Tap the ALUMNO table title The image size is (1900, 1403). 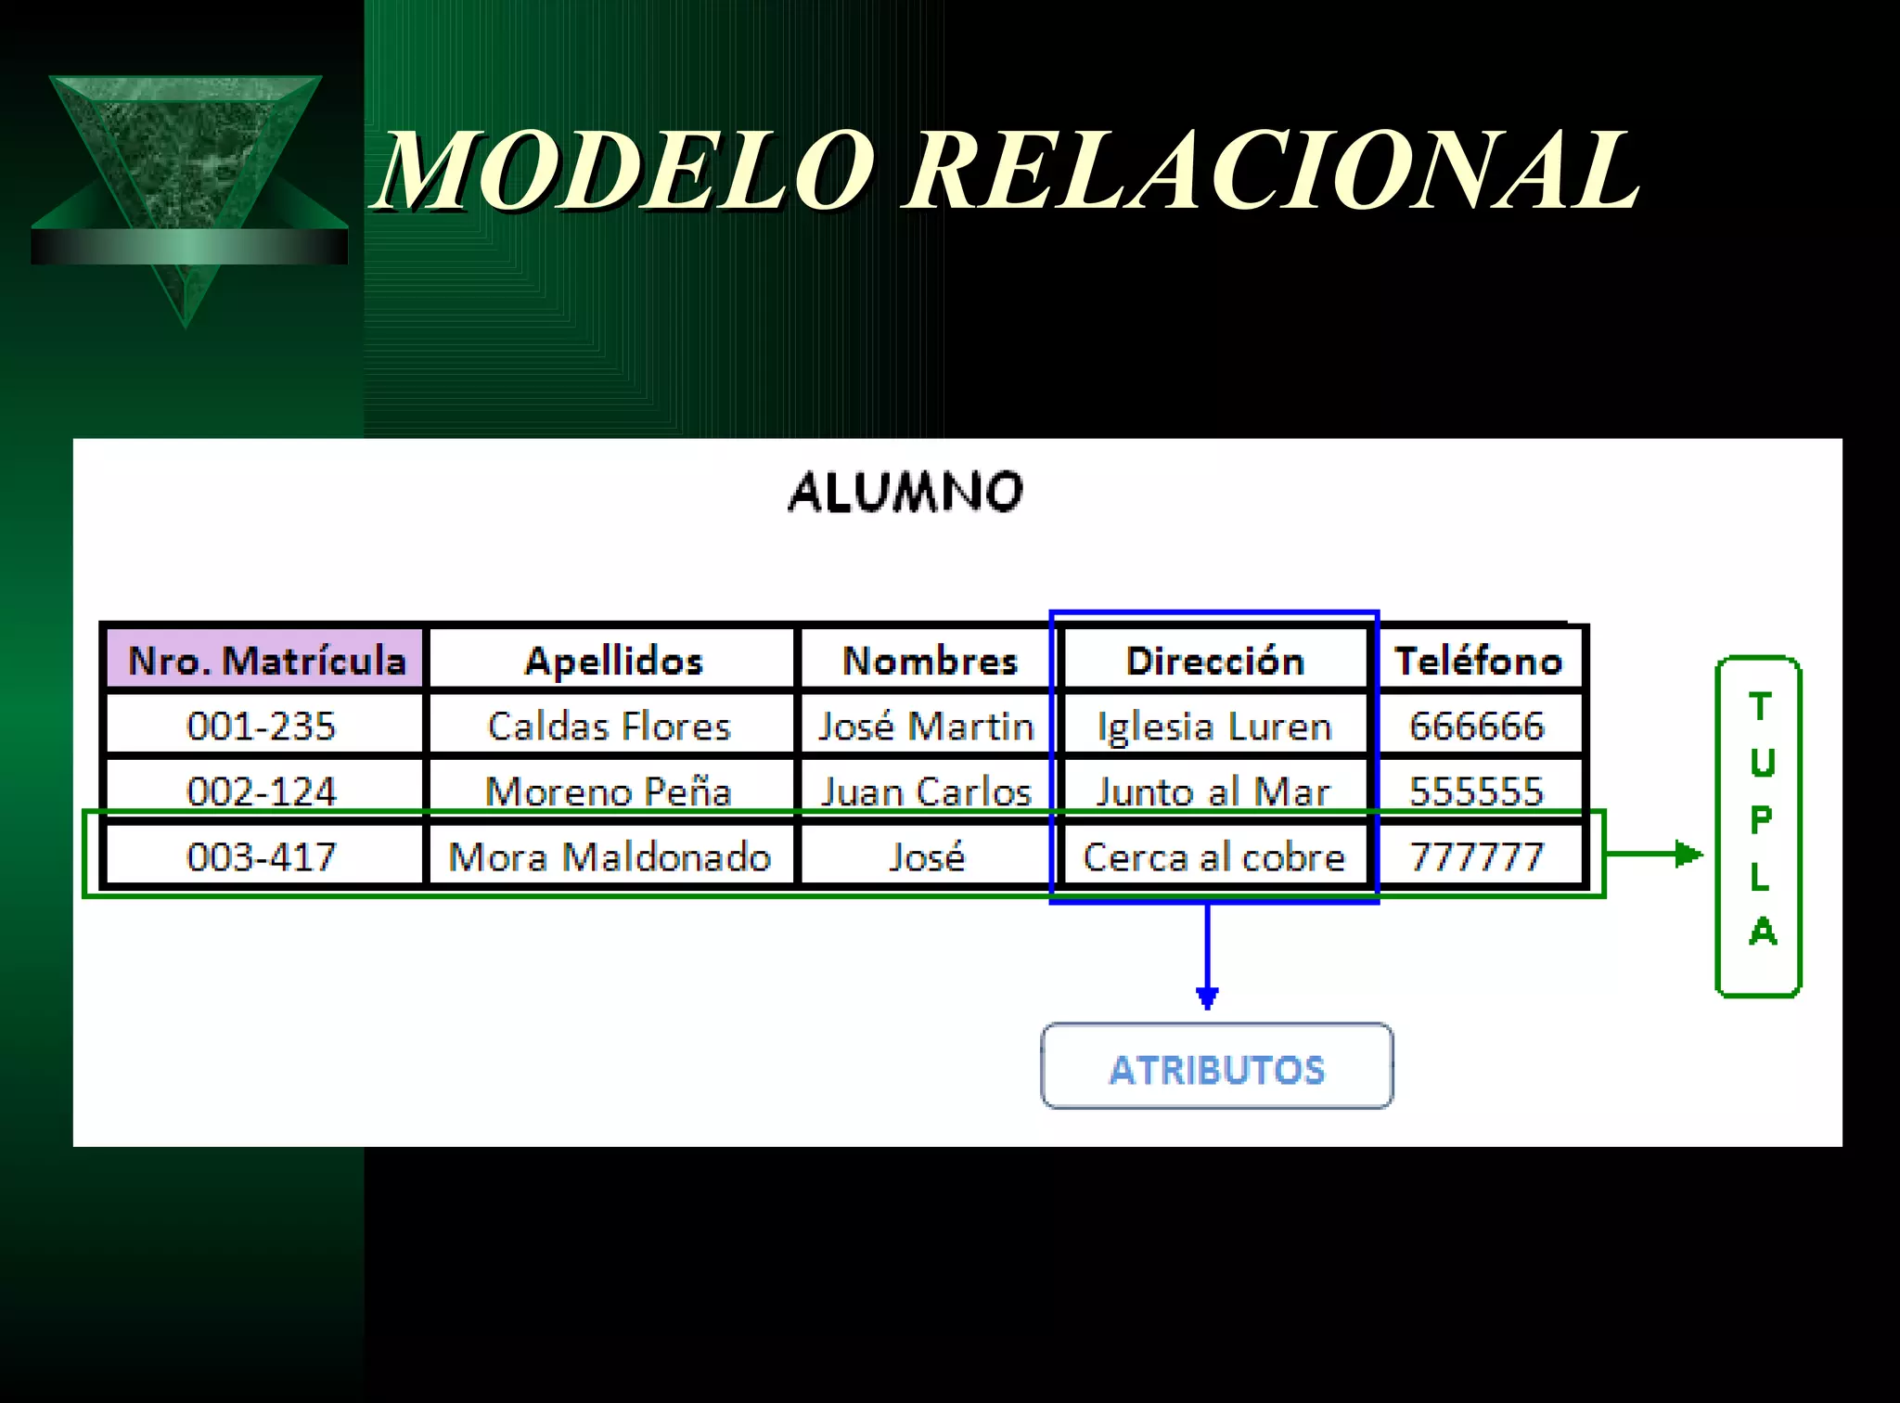pyautogui.click(x=905, y=492)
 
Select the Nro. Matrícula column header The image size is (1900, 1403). pyautogui.click(x=266, y=661)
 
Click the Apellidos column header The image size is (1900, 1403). pyautogui.click(x=613, y=661)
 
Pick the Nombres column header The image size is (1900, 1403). pyautogui.click(x=929, y=661)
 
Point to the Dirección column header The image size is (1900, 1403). pyautogui.click(x=1214, y=661)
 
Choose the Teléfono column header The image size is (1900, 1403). pyautogui.click(x=1479, y=661)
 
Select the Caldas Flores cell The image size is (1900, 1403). pyautogui.click(x=610, y=726)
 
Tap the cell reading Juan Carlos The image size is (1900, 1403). pyautogui.click(x=926, y=792)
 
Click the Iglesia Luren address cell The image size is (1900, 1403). pyautogui.click(x=1214, y=726)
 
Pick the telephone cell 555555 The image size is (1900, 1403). pyautogui.click(x=1476, y=792)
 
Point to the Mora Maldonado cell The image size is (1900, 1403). pyautogui.click(x=610, y=856)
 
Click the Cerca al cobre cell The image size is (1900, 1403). pyautogui.click(x=1214, y=856)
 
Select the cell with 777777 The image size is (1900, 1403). pyautogui.click(x=1476, y=856)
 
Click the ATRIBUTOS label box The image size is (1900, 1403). pyautogui.click(x=1216, y=1067)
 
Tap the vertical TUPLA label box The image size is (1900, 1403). pyautogui.click(x=1759, y=826)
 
